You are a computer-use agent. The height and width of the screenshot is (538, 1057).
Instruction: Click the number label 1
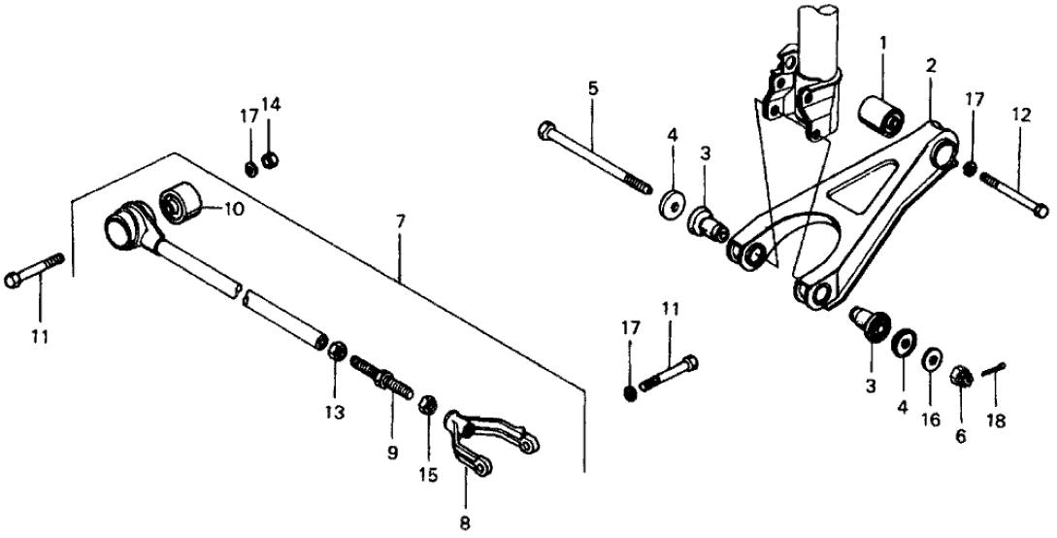pos(883,44)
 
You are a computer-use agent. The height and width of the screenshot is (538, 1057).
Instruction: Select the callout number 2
pos(931,66)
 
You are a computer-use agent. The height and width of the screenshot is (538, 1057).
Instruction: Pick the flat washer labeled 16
pos(930,358)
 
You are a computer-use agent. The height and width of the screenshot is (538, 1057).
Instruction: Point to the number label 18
pos(996,421)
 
